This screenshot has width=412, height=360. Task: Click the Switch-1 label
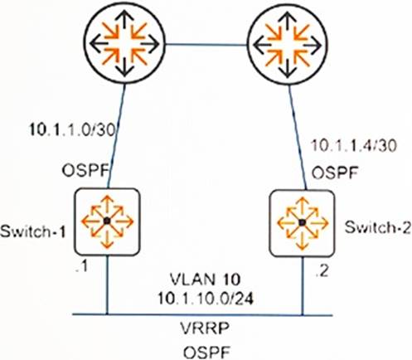tap(33, 231)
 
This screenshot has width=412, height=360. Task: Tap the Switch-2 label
tap(378, 228)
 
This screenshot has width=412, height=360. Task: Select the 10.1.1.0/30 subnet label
tap(72, 130)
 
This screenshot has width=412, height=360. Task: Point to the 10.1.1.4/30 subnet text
tap(354, 145)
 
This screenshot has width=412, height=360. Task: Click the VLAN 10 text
tap(206, 280)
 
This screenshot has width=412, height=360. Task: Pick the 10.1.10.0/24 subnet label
tap(206, 299)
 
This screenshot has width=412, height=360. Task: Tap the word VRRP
tap(205, 328)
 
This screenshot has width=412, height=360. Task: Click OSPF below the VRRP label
tap(207, 353)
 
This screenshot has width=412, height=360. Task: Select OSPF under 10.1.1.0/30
tap(85, 171)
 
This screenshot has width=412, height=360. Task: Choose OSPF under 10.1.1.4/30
tap(335, 173)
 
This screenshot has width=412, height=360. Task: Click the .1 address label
tap(82, 266)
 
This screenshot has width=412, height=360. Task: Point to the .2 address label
tap(322, 271)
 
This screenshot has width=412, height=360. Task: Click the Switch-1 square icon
tap(107, 221)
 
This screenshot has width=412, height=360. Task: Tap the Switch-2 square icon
tap(303, 223)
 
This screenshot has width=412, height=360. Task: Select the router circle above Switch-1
tap(124, 44)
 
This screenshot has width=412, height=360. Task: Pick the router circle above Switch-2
tap(288, 45)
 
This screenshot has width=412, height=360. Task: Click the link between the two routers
tap(206, 44)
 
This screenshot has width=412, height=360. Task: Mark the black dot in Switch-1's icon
tap(107, 221)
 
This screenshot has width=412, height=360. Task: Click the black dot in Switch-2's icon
tap(303, 222)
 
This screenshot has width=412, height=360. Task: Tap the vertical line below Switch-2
tap(303, 285)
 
